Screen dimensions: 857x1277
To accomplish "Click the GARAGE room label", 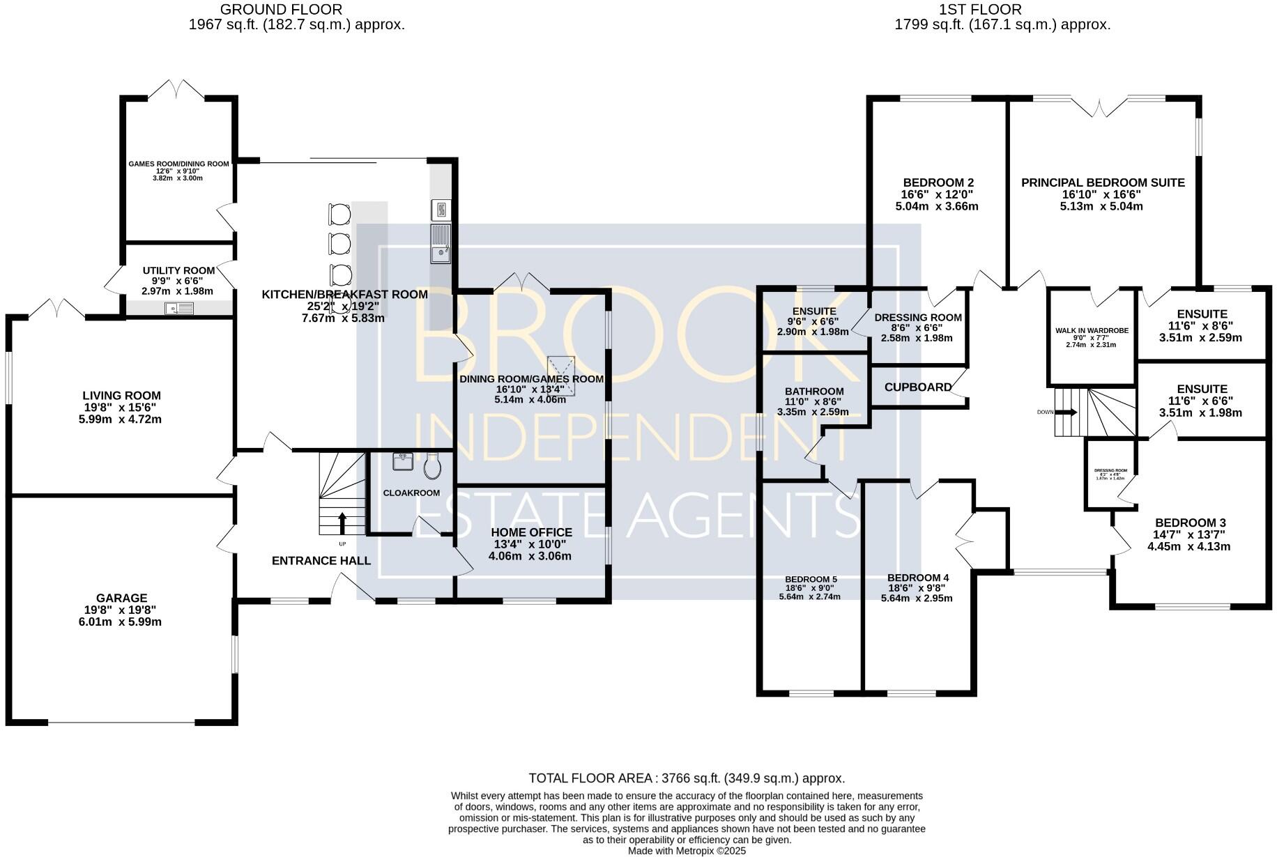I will click(x=121, y=598).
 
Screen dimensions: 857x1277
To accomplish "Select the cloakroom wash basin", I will click(x=402, y=462).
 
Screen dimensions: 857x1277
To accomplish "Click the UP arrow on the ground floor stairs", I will click(x=342, y=523).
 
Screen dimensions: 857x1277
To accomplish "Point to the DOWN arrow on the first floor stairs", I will click(x=1067, y=412).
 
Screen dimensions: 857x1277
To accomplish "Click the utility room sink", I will click(x=180, y=308).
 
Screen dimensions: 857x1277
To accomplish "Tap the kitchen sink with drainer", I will click(x=441, y=244).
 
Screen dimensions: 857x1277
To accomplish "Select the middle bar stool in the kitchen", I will click(x=340, y=244).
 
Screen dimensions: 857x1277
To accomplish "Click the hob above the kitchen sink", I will click(x=441, y=209).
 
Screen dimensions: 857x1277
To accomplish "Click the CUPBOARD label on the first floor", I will click(x=917, y=387).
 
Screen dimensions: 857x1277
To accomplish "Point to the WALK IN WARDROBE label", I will click(x=1091, y=331).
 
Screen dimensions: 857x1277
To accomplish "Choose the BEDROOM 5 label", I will click(x=811, y=579).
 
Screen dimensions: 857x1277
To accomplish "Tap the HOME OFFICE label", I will click(x=531, y=532).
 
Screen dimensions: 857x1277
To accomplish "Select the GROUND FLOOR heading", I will click(x=281, y=10).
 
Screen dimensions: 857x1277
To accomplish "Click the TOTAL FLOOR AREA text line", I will click(x=687, y=778).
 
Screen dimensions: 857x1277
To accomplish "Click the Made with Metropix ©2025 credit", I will click(x=687, y=851).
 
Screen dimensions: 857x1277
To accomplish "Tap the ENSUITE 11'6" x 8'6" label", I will click(x=1201, y=314).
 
